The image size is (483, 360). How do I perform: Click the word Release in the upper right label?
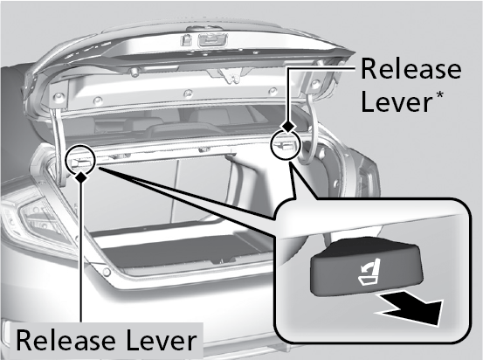pos(411,69)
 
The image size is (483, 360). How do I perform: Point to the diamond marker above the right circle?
pos(287,126)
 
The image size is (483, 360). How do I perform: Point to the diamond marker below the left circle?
pos(81,177)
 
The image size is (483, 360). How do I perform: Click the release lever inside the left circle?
pos(80,161)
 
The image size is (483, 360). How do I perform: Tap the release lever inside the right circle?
pos(285,145)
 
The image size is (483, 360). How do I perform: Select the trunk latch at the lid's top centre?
pos(213,40)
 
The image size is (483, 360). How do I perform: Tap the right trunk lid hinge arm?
pos(311,129)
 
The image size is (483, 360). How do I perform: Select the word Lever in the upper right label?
pos(397,102)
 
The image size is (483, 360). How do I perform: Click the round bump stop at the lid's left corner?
pos(58,98)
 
